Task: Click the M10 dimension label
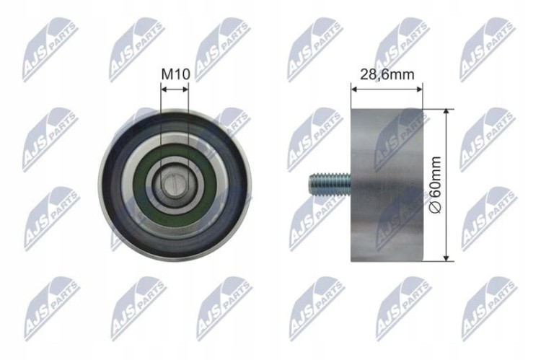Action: pos(175,74)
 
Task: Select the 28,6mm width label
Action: pos(387,74)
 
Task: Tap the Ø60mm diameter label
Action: pos(436,185)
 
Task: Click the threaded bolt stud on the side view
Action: pos(330,185)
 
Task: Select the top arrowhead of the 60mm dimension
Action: pos(446,112)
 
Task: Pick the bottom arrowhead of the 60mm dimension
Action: pos(446,258)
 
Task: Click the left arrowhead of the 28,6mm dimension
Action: pos(354,89)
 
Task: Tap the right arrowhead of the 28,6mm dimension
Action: pos(419,89)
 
